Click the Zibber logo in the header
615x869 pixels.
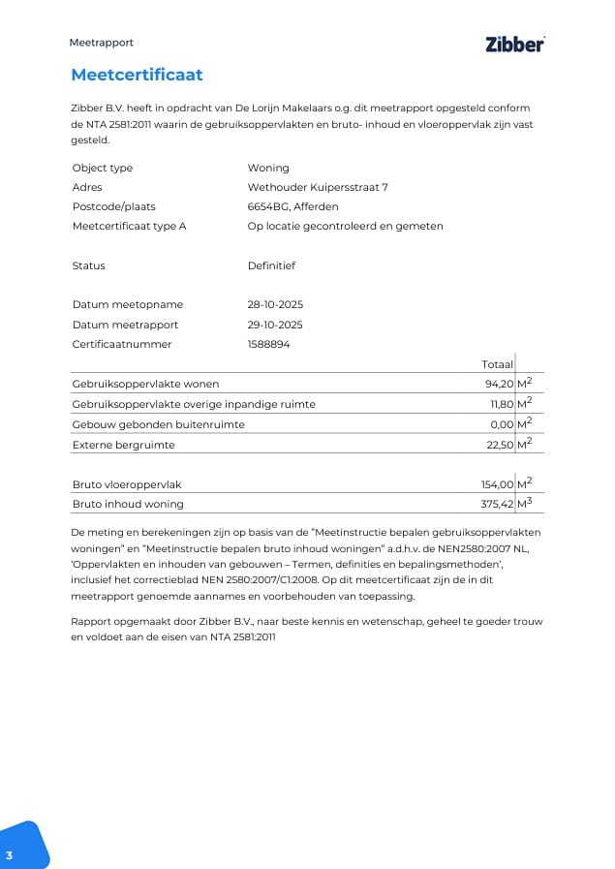[x=514, y=44]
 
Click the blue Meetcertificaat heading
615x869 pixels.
[x=137, y=75]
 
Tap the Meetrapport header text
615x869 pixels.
[x=101, y=43]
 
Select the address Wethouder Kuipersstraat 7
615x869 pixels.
[x=318, y=187]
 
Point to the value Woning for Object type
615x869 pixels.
[x=268, y=168]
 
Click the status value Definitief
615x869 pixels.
[x=271, y=265]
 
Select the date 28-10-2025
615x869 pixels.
[x=275, y=305]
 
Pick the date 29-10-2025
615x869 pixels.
[x=275, y=325]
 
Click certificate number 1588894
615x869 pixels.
[x=268, y=344]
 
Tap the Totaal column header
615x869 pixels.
[x=497, y=364]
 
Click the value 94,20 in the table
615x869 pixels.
[x=498, y=385]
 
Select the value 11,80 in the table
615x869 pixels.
[x=500, y=404]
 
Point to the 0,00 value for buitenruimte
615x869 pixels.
[x=502, y=424]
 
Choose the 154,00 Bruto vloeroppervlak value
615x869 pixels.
[x=496, y=484]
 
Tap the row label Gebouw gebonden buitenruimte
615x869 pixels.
[x=158, y=424]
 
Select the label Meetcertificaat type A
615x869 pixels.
[x=129, y=226]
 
